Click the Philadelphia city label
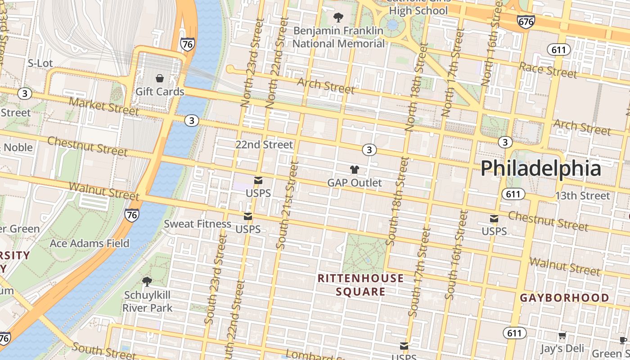pos(540,169)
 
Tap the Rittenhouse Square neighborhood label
pos(360,285)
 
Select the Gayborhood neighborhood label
pos(565,298)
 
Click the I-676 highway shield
pos(526,21)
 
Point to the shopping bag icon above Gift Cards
pos(160,78)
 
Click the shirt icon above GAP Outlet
pos(355,170)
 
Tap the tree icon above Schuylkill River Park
pos(147,282)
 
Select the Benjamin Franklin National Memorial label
pos(338,37)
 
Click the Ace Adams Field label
pos(90,243)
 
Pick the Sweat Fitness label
pos(198,224)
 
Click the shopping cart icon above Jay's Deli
pos(562,336)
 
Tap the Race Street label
pos(548,70)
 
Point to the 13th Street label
pos(582,196)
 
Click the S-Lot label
pos(40,63)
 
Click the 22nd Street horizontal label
pos(264,144)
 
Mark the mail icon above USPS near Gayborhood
pos(494,219)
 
